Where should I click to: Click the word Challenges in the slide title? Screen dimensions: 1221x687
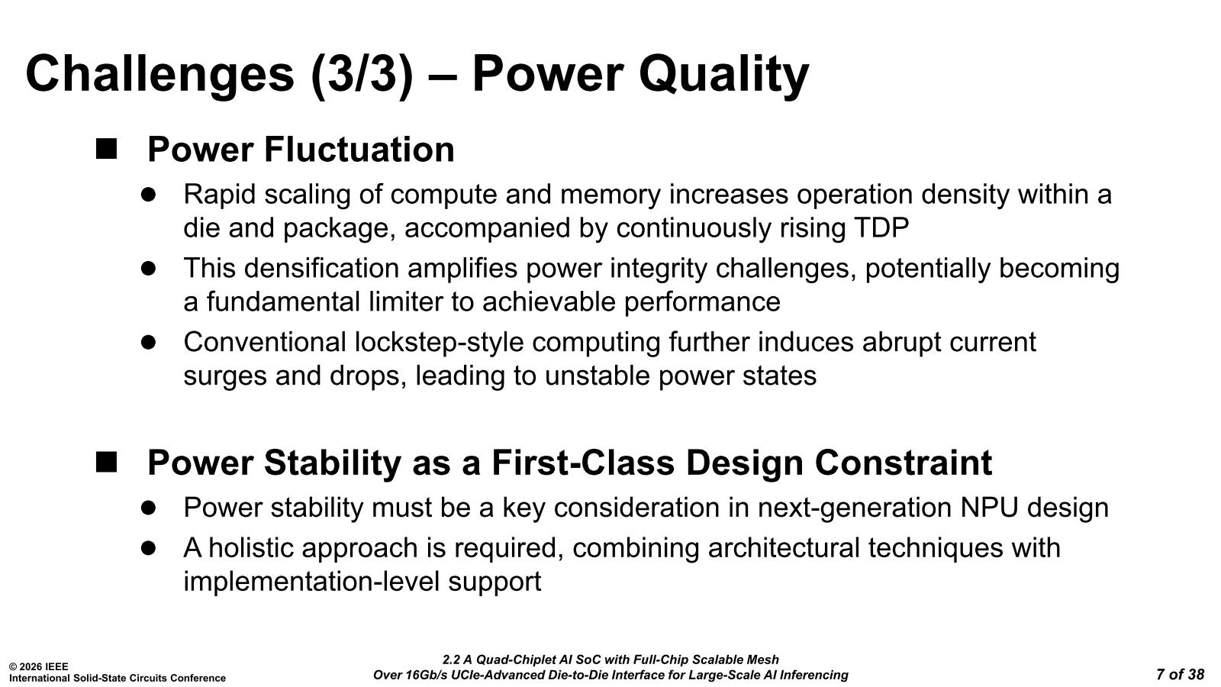tap(159, 75)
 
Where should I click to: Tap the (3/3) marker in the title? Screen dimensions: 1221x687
tap(362, 75)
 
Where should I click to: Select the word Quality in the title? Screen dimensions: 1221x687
tap(723, 75)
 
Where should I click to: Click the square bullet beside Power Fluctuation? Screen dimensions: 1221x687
tap(106, 149)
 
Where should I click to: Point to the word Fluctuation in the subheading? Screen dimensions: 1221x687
tap(359, 149)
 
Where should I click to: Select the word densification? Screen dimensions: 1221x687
tap(321, 268)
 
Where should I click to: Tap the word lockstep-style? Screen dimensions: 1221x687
tap(440, 343)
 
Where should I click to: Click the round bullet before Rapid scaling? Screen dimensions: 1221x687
tap(148, 195)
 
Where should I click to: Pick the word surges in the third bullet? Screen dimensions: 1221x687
tap(225, 376)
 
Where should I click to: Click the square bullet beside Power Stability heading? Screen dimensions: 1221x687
tap(106, 462)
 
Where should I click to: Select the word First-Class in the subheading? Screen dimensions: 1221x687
tap(583, 463)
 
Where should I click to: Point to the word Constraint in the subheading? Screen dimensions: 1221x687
tap(904, 463)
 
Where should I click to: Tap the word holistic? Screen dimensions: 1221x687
tap(255, 548)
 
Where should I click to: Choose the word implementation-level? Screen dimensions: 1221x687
tap(311, 582)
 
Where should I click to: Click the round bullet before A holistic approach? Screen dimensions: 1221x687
tap(148, 548)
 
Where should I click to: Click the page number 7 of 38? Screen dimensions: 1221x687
tap(1180, 675)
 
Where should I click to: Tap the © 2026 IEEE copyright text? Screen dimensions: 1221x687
tap(39, 667)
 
